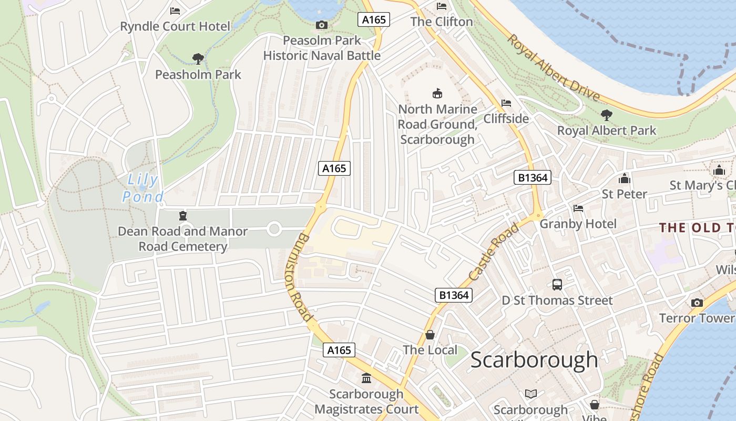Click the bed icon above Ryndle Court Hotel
(175, 11)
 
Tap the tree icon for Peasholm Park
(198, 58)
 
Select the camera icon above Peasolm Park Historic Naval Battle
(321, 25)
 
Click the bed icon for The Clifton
(442, 6)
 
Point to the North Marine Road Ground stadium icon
(437, 94)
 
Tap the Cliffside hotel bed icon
(506, 103)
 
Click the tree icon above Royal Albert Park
(606, 115)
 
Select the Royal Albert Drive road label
(554, 68)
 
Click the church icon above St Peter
(625, 178)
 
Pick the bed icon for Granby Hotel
(578, 208)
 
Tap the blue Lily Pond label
(142, 188)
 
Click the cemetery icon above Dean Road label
(182, 216)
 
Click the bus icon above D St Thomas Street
(557, 285)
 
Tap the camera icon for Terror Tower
(697, 303)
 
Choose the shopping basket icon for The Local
(430, 335)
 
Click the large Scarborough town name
(534, 360)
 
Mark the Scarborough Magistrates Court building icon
(366, 378)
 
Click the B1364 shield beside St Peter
(533, 178)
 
